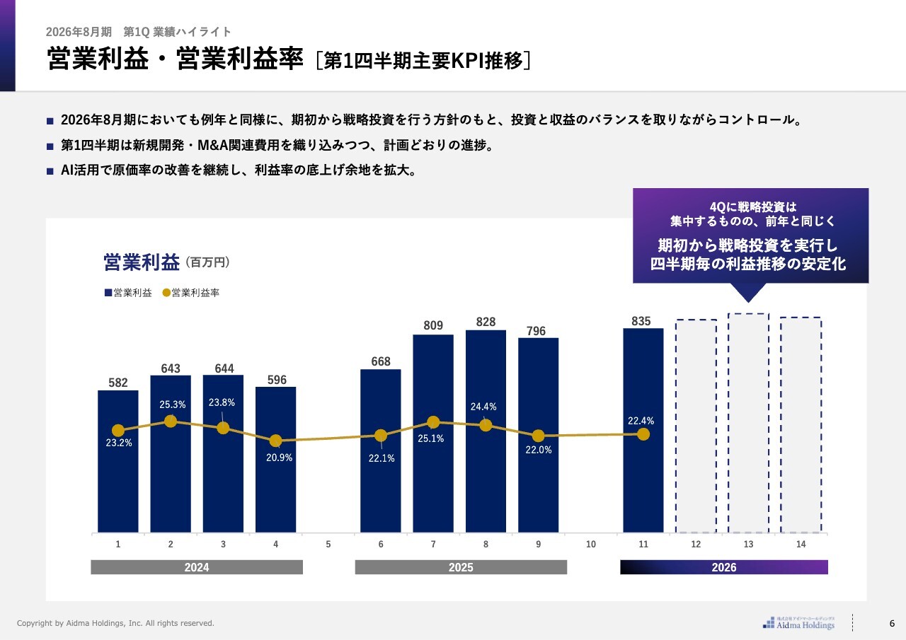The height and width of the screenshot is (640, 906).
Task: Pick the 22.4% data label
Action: point(641,421)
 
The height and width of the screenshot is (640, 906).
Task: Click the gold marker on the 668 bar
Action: point(381,436)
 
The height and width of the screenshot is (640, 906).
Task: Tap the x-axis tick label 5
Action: point(328,545)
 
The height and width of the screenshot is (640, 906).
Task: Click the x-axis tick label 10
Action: point(591,545)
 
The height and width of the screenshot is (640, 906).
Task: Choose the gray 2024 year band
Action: point(197,567)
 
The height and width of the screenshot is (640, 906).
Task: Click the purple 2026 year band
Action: point(724,567)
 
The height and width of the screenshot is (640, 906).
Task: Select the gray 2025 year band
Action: point(461,567)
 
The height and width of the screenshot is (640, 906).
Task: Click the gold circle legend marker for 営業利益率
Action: point(166,293)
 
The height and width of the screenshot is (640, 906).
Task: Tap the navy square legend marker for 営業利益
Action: point(108,293)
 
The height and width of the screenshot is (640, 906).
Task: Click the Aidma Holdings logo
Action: point(799,622)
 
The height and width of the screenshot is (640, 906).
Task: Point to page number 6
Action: point(892,623)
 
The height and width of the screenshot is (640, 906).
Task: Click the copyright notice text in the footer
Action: point(115,623)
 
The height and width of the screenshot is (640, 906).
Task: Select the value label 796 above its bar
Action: point(536,331)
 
